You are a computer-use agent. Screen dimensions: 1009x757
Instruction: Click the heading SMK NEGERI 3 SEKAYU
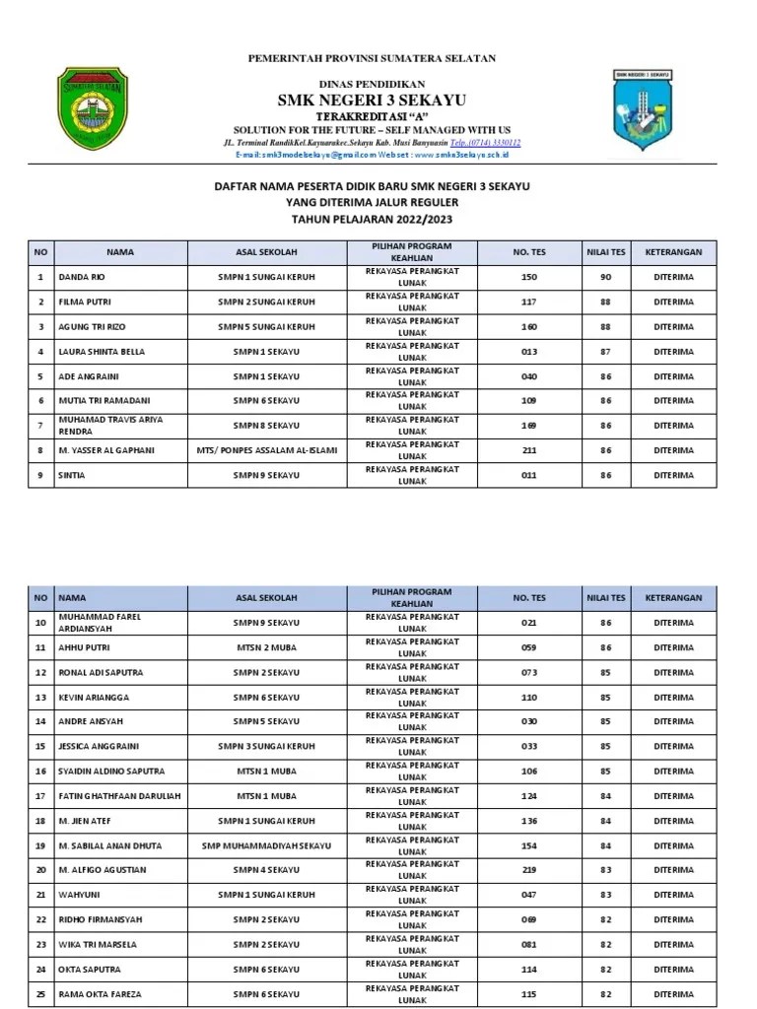(372, 100)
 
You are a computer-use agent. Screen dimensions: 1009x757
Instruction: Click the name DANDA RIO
(82, 277)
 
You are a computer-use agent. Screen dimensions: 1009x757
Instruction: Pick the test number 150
(528, 277)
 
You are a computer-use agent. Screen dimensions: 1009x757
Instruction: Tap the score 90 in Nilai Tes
(605, 277)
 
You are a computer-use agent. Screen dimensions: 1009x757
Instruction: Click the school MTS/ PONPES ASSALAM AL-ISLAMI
(266, 450)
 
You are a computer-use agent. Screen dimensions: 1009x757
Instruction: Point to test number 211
(528, 450)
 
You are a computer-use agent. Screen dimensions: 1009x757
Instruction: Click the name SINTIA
(72, 475)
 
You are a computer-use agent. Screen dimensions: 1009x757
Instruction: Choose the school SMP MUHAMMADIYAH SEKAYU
(266, 845)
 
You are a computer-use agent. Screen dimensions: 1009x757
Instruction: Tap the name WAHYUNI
(79, 895)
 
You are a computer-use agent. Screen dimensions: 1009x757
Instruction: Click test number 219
(528, 870)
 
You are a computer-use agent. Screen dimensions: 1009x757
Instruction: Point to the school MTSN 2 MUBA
(266, 647)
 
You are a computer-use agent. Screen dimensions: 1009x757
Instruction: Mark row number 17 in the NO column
(40, 796)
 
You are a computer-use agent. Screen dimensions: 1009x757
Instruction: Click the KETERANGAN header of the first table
(673, 252)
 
